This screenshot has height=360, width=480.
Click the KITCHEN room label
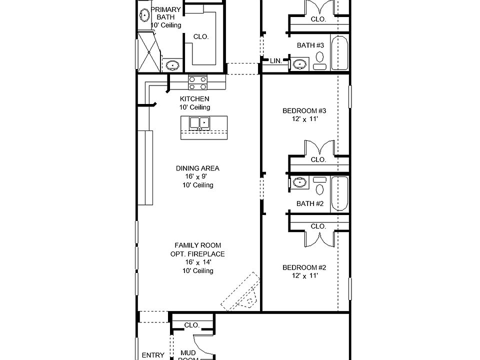click(194, 99)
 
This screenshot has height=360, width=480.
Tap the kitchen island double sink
click(199, 123)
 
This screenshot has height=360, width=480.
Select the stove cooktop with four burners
click(197, 83)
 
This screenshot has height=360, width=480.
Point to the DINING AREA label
click(197, 168)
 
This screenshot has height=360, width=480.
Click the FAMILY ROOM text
click(198, 245)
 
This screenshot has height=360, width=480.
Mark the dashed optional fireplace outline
click(241, 291)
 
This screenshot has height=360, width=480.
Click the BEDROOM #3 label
click(304, 110)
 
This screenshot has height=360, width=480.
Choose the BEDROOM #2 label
click(304, 267)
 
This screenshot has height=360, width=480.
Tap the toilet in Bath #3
click(319, 60)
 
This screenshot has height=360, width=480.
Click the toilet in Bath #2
click(319, 186)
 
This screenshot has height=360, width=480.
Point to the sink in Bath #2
click(299, 182)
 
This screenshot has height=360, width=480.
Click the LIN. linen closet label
click(276, 61)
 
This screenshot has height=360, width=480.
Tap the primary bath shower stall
click(149, 52)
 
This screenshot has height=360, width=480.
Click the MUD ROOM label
click(188, 356)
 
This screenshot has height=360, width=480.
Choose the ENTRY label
click(153, 355)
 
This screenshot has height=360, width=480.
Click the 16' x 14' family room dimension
click(198, 262)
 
